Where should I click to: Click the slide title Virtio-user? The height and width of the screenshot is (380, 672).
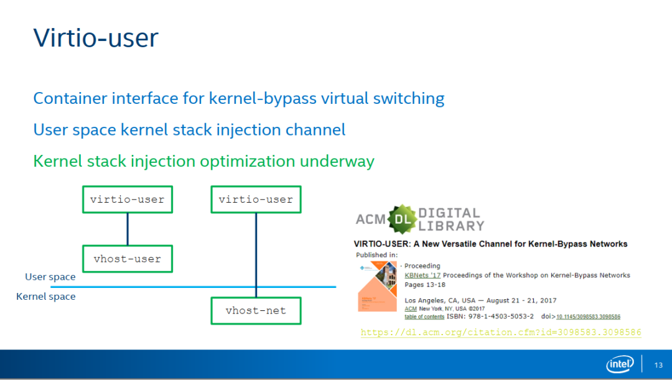pyautogui.click(x=96, y=38)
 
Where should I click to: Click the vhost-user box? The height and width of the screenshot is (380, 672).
pyautogui.click(x=128, y=259)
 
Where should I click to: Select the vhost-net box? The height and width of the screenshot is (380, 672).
pyautogui.click(x=256, y=310)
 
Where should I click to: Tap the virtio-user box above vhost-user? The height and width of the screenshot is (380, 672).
pyautogui.click(x=128, y=200)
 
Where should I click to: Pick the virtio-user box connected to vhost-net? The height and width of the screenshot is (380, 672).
pyautogui.click(x=256, y=200)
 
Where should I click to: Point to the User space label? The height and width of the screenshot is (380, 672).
pyautogui.click(x=50, y=277)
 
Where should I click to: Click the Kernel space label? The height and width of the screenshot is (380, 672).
pyautogui.click(x=46, y=297)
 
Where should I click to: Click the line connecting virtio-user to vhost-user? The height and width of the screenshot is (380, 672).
pyautogui.click(x=128, y=229)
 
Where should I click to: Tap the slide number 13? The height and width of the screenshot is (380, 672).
pyautogui.click(x=658, y=365)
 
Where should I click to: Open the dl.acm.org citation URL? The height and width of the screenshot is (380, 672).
pyautogui.click(x=501, y=333)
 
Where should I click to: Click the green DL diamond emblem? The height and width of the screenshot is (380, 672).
pyautogui.click(x=403, y=219)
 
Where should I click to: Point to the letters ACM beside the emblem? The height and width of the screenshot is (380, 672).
pyautogui.click(x=371, y=219)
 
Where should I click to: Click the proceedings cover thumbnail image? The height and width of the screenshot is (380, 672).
pyautogui.click(x=377, y=286)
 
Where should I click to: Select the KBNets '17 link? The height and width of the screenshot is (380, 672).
pyautogui.click(x=422, y=275)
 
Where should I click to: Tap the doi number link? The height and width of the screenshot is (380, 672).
pyautogui.click(x=588, y=317)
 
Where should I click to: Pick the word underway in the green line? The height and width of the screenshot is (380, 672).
pyautogui.click(x=337, y=161)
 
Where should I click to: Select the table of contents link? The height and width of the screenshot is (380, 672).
pyautogui.click(x=424, y=317)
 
